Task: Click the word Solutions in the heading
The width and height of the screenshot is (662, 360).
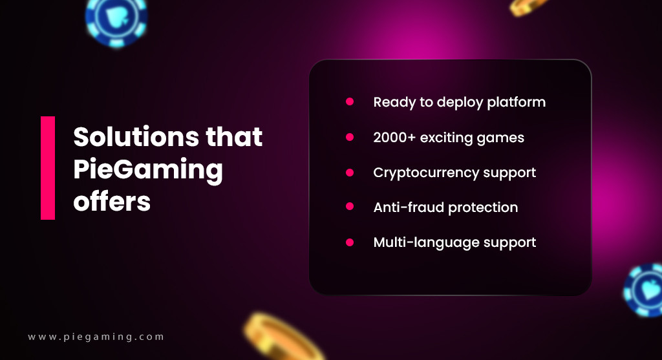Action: (136, 136)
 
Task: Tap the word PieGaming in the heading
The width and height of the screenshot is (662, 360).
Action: (148, 171)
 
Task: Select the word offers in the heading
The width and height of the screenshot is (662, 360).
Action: (112, 201)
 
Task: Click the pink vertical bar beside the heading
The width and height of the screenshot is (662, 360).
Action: (48, 168)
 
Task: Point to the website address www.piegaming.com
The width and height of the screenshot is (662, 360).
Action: (96, 337)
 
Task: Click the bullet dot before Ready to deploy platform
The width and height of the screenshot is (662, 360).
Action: (350, 101)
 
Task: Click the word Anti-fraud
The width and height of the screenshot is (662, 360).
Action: (409, 207)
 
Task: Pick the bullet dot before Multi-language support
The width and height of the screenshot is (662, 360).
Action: (350, 242)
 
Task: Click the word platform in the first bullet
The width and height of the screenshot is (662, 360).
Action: (516, 103)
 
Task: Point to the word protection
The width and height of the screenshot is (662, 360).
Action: (483, 208)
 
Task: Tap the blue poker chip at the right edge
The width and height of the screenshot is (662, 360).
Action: (643, 290)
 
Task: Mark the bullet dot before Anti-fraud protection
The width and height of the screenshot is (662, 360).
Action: (350, 206)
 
